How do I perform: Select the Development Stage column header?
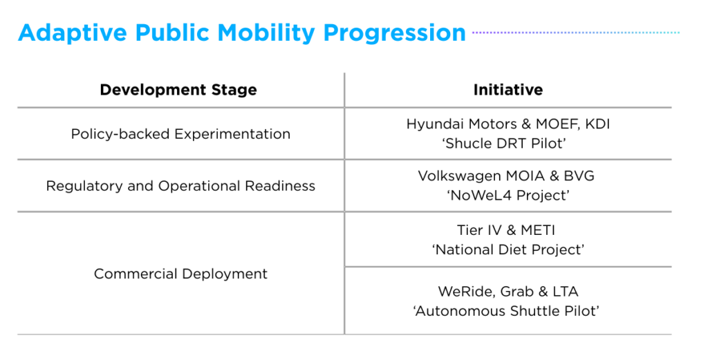click(178, 90)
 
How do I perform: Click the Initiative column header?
click(507, 90)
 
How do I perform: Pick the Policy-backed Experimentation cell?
click(180, 134)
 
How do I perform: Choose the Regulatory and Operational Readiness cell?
click(180, 186)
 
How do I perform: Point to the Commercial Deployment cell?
click(180, 274)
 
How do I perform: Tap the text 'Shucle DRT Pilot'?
click(507, 144)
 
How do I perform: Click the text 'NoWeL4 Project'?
click(507, 196)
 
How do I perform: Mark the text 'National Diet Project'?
click(507, 249)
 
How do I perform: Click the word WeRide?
click(460, 292)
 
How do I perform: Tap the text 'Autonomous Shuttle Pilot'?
click(507, 311)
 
